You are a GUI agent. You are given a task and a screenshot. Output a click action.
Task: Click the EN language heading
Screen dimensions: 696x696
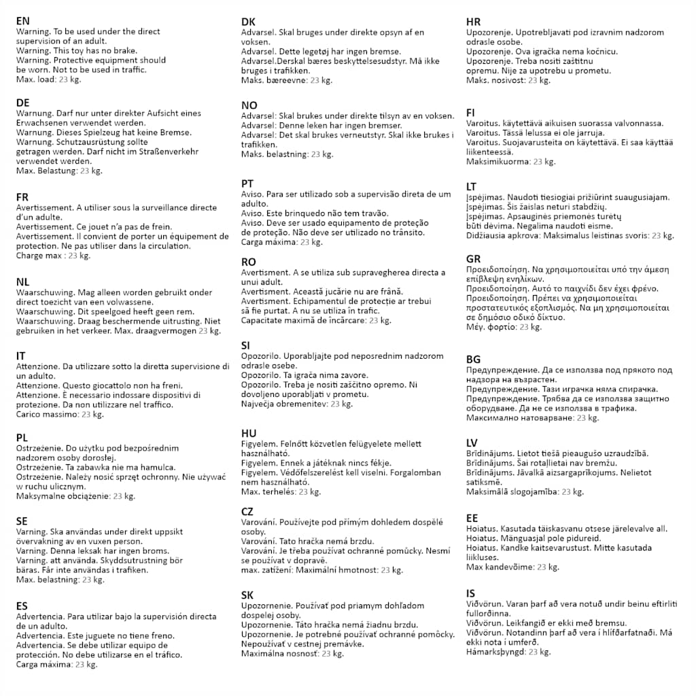point(23,21)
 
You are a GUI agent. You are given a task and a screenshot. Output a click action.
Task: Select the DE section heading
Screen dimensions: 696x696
point(23,103)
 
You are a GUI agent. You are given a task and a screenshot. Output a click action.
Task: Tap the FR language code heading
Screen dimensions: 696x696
point(22,197)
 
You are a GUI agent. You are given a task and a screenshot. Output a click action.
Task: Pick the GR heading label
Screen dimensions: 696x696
point(474,259)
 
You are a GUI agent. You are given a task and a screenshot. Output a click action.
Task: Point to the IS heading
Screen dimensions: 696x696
point(471,593)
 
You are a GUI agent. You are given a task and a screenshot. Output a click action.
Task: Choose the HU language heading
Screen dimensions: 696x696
point(249,434)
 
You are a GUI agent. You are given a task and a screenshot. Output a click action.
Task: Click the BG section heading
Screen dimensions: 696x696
point(474,360)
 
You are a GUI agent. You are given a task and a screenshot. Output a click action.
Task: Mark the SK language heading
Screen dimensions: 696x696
point(247,595)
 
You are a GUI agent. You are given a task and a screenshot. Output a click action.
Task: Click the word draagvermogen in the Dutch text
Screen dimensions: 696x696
point(167,331)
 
